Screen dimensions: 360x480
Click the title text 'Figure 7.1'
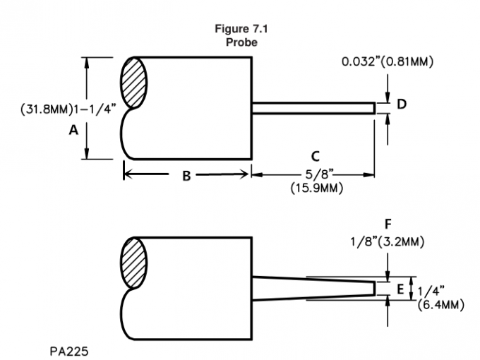[x=241, y=30]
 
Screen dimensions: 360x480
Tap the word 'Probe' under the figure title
[x=241, y=42]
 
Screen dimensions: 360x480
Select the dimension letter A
[x=73, y=128]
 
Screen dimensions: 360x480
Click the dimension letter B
[x=186, y=176]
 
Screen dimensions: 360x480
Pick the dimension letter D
[x=401, y=104]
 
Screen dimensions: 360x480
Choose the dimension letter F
[x=388, y=225]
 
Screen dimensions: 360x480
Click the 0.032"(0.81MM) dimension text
[x=388, y=62]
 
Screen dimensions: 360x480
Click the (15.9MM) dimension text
[x=314, y=189]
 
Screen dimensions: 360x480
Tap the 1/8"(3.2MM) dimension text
[x=388, y=242]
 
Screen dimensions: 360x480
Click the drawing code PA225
[x=70, y=348]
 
